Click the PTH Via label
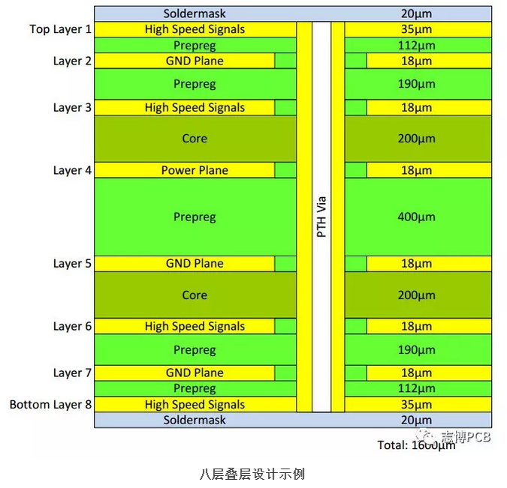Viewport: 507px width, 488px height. (x=321, y=217)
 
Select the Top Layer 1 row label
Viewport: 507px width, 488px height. (x=61, y=29)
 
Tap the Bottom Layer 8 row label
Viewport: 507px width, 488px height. (x=51, y=404)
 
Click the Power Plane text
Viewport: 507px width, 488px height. (x=195, y=170)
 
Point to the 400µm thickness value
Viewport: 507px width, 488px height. (x=416, y=217)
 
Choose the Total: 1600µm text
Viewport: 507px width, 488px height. (x=416, y=445)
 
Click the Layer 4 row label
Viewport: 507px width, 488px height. (x=72, y=170)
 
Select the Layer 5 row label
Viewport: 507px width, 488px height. (x=72, y=263)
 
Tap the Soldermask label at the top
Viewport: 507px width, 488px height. (x=195, y=13)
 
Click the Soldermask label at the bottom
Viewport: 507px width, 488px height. (x=195, y=420)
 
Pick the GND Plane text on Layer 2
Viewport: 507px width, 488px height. (x=195, y=61)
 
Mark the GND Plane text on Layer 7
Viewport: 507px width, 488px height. (x=195, y=373)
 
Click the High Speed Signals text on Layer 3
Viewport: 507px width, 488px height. (x=195, y=107)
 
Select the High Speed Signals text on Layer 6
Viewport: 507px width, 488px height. (x=195, y=326)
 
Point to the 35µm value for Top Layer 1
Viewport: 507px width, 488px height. (x=416, y=29)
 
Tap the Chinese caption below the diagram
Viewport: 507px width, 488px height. (x=252, y=474)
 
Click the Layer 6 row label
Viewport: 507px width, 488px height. (x=72, y=326)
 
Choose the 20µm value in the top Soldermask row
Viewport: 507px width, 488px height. (x=416, y=13)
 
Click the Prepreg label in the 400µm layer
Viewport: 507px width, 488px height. (x=195, y=217)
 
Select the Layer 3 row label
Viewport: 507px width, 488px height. (x=72, y=107)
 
